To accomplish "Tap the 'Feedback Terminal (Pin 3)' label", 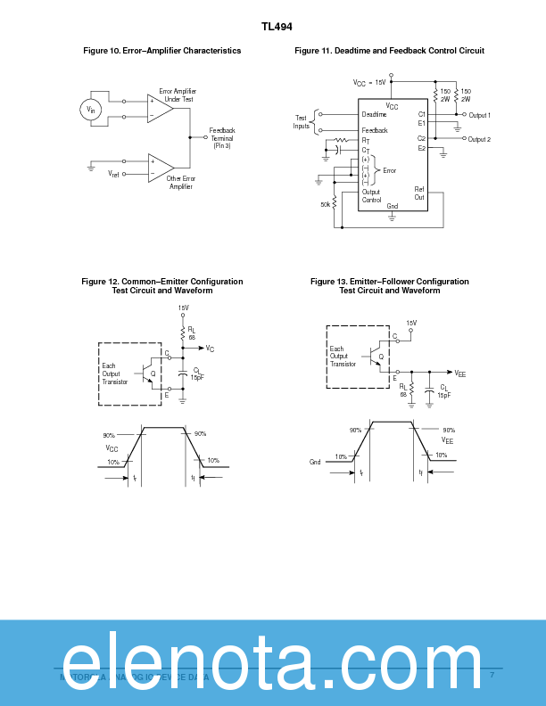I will (x=222, y=138).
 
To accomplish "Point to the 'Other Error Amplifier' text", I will (x=181, y=182).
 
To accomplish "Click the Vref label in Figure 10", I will (x=113, y=174).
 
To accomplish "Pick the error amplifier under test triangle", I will (x=160, y=109).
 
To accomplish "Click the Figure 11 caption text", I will (x=389, y=51).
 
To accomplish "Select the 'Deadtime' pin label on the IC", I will (x=375, y=115).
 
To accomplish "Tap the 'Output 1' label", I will (x=479, y=115).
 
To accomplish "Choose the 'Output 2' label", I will (x=479, y=139).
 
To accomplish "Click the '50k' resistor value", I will (x=327, y=204).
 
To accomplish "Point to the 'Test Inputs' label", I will (x=302, y=121).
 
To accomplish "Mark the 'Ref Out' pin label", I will (x=419, y=193).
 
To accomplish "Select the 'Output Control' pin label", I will (x=371, y=196).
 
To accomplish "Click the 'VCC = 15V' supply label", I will (x=369, y=82).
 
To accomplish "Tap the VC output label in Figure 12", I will (x=210, y=349).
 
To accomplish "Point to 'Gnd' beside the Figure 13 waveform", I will (x=315, y=462).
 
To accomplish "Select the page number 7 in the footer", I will (x=492, y=676).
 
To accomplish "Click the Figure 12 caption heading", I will (x=161, y=285).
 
